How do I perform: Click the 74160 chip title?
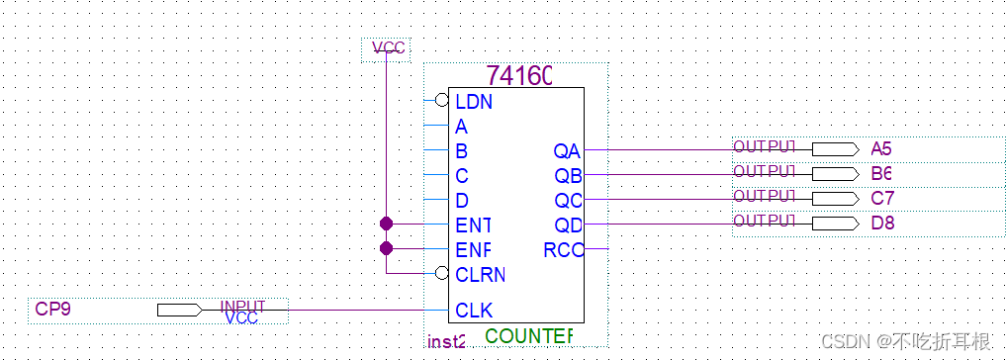tap(519, 75)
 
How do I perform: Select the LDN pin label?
tap(474, 101)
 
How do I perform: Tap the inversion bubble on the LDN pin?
tap(441, 100)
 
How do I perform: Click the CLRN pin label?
tap(480, 274)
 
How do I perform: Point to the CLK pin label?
tap(474, 311)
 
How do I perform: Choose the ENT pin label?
tap(473, 225)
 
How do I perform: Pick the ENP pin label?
tap(473, 249)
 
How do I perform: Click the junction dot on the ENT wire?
tap(386, 224)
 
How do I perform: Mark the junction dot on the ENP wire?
tap(386, 248)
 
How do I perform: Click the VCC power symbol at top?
tap(388, 47)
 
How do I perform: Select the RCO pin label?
tap(563, 250)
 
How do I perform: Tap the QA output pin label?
tap(567, 151)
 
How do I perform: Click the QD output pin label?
tap(567, 225)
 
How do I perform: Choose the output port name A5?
tap(881, 149)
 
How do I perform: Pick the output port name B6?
tap(881, 174)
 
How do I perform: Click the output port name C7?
tap(881, 199)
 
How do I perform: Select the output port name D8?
tap(881, 224)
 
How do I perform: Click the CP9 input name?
tap(52, 310)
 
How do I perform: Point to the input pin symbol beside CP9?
tap(179, 311)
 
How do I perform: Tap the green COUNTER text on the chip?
tap(528, 336)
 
